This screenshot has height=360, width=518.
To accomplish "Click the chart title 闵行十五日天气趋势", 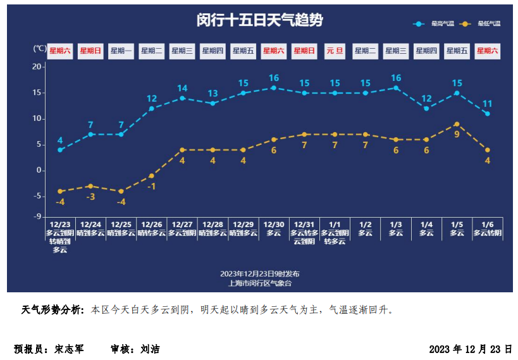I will click(259, 20).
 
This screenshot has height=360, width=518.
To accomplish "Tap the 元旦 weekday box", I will click(335, 51).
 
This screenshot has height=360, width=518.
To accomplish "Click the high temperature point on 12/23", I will click(60, 150).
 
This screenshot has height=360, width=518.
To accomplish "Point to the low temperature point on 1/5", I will click(457, 124).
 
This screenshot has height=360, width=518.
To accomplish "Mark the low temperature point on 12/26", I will click(152, 176).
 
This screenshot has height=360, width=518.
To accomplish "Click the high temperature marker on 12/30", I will click(274, 88).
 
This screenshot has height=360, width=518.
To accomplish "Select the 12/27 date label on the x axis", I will click(182, 225).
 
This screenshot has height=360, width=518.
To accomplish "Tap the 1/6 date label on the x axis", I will click(488, 225).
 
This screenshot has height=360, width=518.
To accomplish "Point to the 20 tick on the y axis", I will click(37, 66).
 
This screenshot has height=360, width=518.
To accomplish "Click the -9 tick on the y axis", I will click(37, 217).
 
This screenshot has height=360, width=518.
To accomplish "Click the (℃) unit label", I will click(39, 49).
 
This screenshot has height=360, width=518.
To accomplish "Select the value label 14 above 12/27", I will click(182, 89).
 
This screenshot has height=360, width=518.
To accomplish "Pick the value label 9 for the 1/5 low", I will click(457, 134).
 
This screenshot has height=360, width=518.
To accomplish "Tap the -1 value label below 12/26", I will click(152, 187).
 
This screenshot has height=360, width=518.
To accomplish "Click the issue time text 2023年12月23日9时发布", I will click(259, 274).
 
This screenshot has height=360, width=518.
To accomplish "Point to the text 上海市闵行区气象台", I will click(259, 283).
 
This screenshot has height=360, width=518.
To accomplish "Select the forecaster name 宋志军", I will click(69, 349).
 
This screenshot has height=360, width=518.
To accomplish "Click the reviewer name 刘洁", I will click(150, 349).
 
